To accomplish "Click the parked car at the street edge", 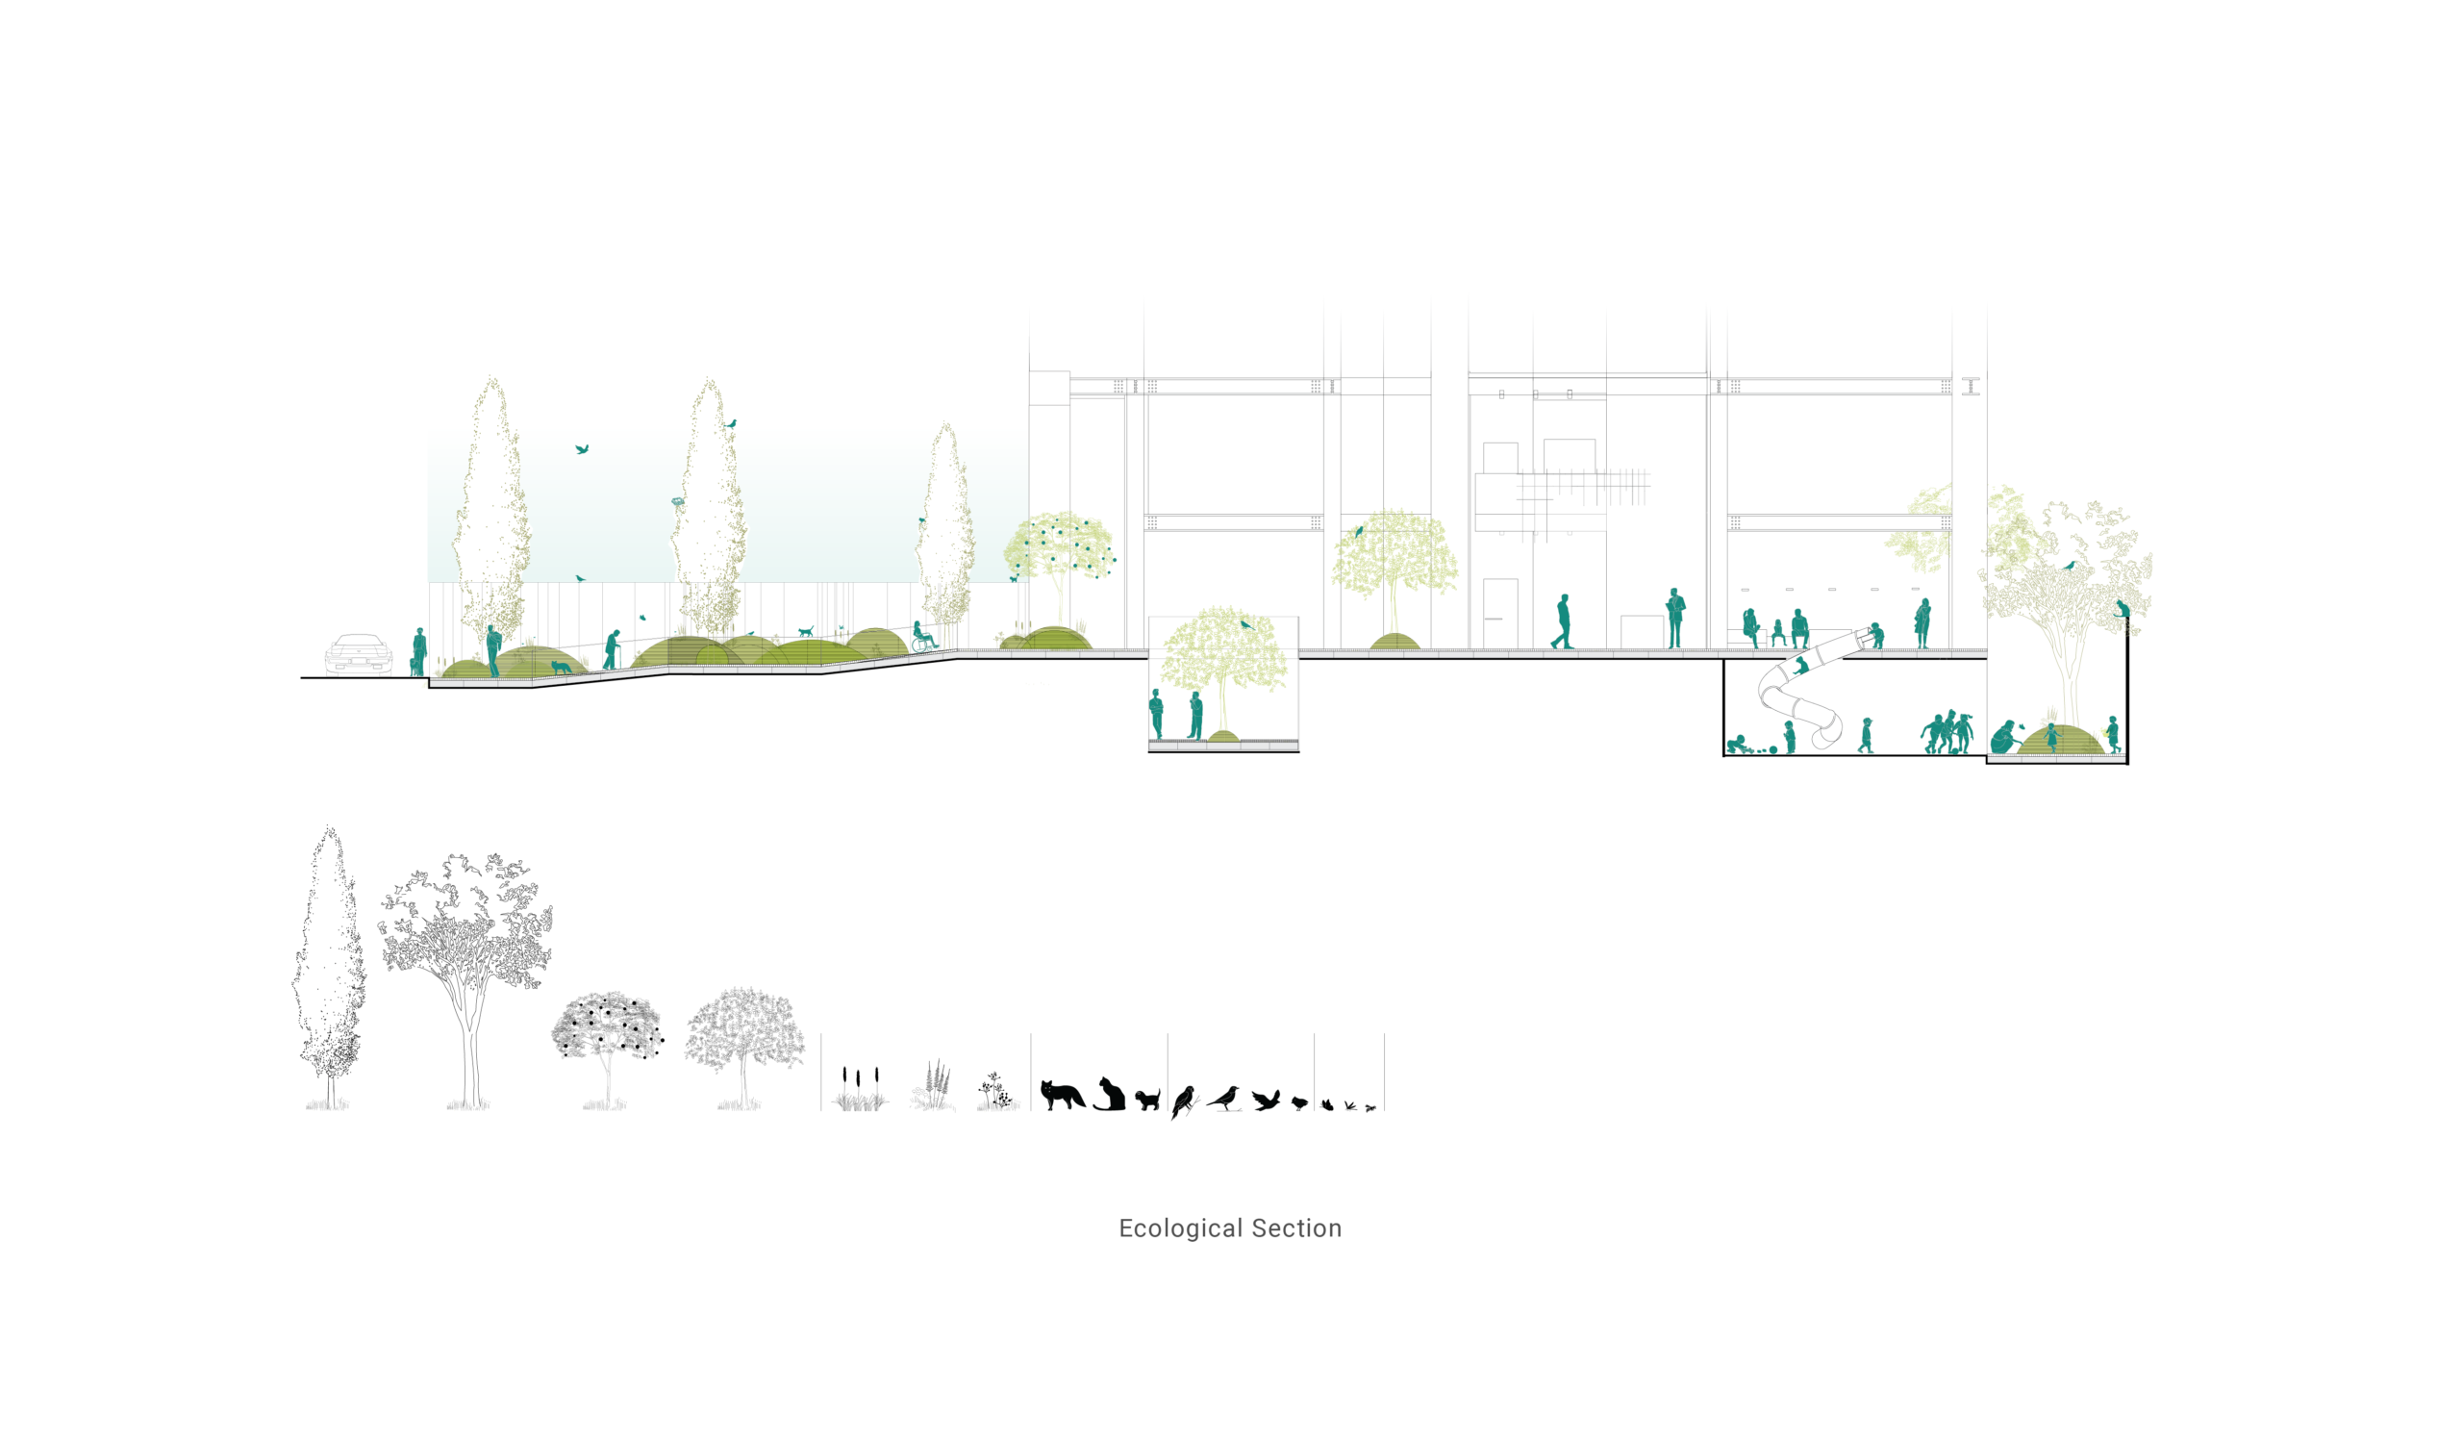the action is pos(359,654).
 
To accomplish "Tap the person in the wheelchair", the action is pos(923,637).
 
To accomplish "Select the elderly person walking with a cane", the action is pos(612,650).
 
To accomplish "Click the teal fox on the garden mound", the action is pos(562,668).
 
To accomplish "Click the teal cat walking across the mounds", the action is pos(805,632).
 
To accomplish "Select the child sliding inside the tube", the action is pos(1800,667).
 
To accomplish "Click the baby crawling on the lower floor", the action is pos(1737,745).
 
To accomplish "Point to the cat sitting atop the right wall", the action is pos(2122,609).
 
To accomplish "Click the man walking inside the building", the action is pos(1562,621).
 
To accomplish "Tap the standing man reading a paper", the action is pos(1675,619).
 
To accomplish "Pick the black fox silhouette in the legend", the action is pos(1062,1095).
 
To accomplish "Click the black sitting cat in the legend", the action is pos(1109,1094).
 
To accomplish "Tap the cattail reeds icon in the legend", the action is pos(860,1089).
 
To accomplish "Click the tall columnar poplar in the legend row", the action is pos(329,968).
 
